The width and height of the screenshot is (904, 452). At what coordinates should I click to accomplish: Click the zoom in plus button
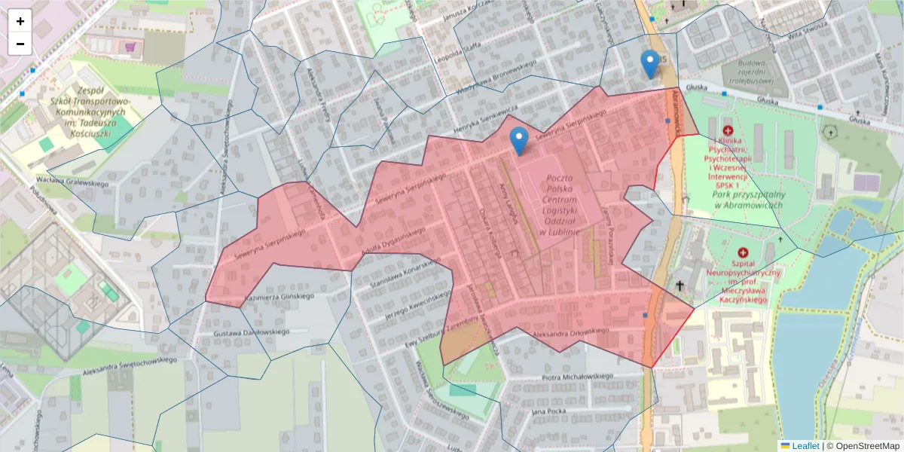pos(20,21)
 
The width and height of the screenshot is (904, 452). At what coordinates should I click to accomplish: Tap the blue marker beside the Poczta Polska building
pos(518,140)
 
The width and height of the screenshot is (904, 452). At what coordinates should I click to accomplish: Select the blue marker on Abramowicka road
pos(649,63)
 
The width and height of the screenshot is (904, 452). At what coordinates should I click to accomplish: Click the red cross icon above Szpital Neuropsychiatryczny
pos(743,254)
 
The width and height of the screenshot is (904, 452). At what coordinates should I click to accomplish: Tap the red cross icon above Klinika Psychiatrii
pos(727,130)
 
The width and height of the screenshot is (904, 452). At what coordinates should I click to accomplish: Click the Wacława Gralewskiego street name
pos(73,182)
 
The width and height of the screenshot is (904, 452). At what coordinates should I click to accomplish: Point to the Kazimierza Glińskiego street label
pos(279,297)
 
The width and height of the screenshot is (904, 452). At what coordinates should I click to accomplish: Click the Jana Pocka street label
pos(548,411)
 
